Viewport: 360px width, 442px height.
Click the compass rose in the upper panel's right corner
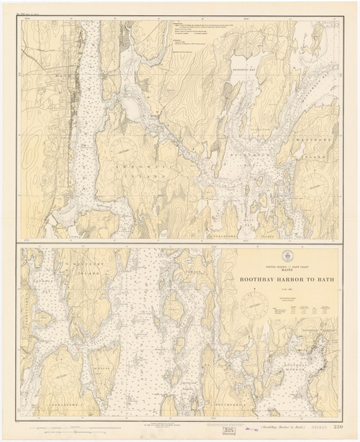pos(315,186)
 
